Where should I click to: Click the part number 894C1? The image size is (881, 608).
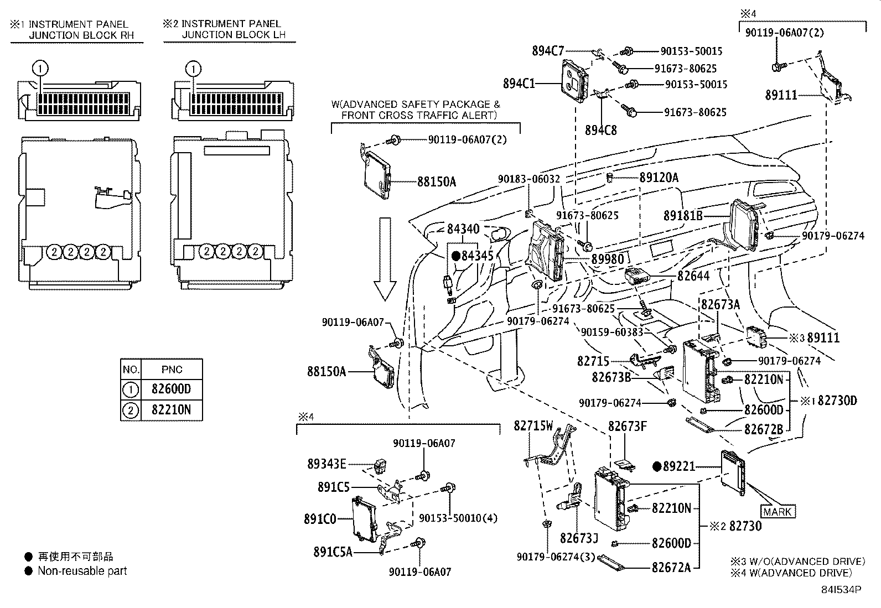point(519,84)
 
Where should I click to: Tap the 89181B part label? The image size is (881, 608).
point(683,215)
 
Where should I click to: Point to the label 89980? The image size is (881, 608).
point(607,259)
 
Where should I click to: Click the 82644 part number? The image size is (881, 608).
point(693,276)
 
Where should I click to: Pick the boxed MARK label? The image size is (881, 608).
point(777,512)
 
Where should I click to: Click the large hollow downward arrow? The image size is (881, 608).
point(385,259)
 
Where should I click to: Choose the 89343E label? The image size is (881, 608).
point(327,464)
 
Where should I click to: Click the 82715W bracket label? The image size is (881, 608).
point(533,426)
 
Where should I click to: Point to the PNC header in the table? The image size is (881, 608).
point(172,370)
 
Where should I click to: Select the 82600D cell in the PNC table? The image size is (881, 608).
point(171,389)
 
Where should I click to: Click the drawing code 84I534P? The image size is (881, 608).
point(841,590)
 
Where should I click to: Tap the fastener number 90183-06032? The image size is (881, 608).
point(528,179)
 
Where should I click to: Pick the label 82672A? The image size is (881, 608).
point(671,567)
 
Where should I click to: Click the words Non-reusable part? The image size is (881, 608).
point(82,571)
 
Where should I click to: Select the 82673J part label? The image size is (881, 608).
point(579,538)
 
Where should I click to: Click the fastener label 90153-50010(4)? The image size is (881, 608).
point(458,518)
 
